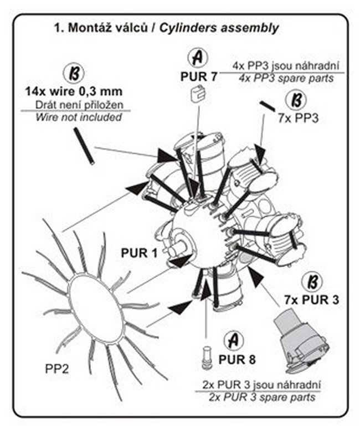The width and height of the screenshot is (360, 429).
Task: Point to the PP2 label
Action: click(56, 367)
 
